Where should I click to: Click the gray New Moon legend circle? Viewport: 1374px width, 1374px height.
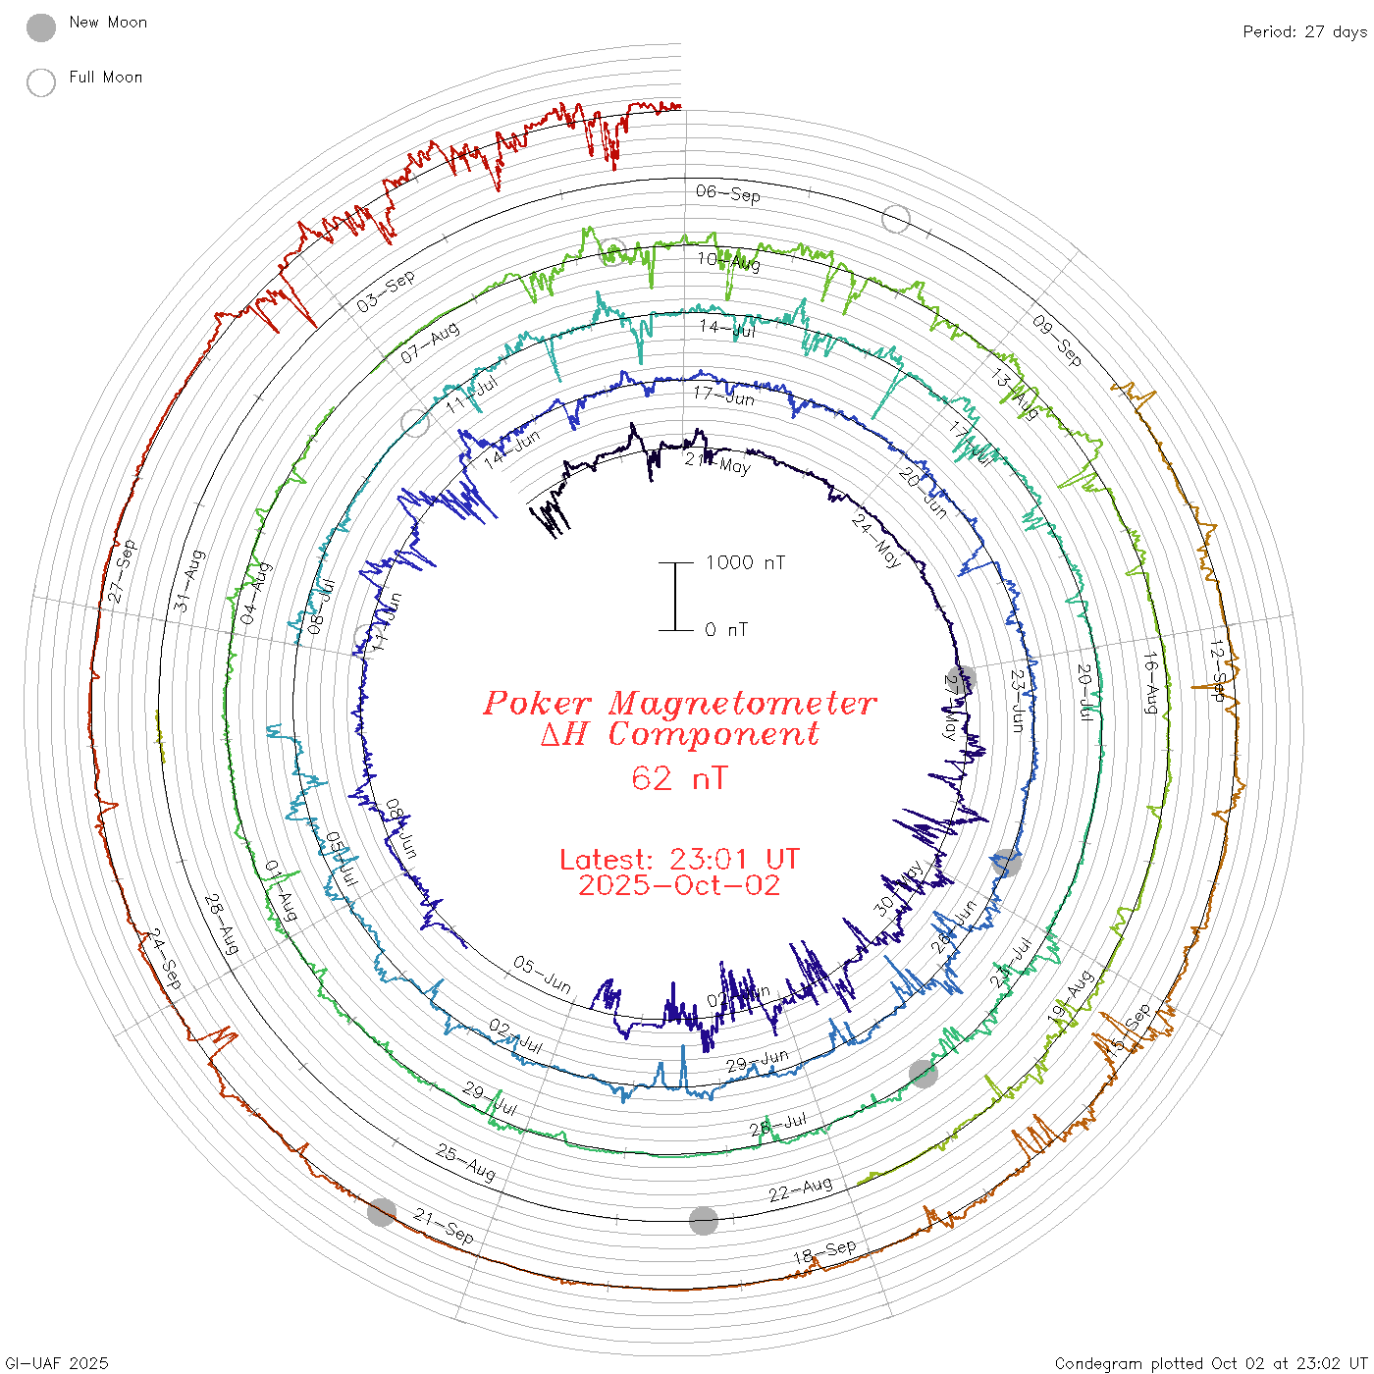41,27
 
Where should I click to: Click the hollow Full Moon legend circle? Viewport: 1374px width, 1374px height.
41,82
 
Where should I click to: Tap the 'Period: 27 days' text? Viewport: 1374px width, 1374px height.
1304,31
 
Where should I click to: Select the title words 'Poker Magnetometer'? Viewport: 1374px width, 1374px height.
679,703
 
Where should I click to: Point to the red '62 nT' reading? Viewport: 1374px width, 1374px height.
679,778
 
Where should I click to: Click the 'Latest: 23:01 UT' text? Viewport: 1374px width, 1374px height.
679,860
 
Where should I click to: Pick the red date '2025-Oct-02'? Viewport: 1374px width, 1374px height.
679,885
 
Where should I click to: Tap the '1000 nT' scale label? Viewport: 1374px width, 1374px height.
745,562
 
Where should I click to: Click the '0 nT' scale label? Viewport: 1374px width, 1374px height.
726,630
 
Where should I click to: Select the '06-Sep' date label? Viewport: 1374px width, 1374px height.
728,193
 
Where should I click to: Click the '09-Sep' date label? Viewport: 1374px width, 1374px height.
1057,341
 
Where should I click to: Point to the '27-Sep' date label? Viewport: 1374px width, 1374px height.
123,570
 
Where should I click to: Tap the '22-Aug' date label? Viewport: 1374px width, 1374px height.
800,1189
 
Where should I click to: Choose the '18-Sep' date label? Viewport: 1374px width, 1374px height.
824,1252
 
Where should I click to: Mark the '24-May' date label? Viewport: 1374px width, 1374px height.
876,540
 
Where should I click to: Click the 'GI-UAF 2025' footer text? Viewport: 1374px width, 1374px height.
57,1363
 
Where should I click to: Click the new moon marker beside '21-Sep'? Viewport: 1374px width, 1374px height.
382,1212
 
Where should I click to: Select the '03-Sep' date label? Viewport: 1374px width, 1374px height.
386,291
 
